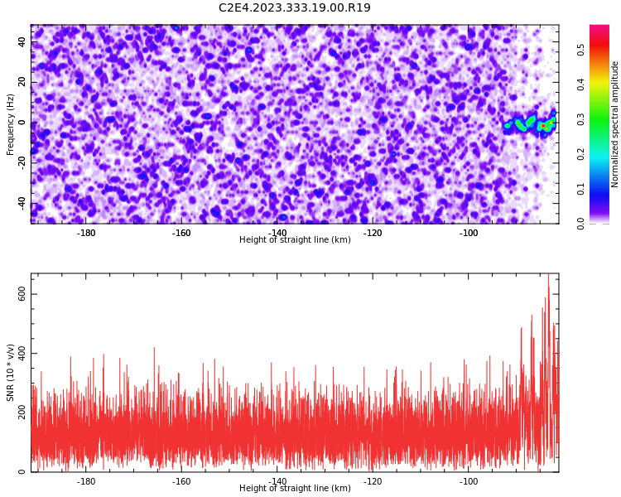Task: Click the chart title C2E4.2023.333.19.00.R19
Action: [x=295, y=7]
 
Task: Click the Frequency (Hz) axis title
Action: [x=10, y=124]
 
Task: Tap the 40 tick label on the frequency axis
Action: [x=22, y=41]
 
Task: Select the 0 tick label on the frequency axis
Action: [x=22, y=123]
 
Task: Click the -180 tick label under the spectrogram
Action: [x=86, y=233]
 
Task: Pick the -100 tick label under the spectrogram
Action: [x=469, y=233]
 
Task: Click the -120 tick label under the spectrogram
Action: [x=373, y=233]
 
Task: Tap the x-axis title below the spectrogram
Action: [x=295, y=239]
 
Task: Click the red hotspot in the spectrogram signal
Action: [x=543, y=126]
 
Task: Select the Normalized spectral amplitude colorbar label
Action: [x=614, y=124]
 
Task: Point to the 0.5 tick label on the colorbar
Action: [x=580, y=50]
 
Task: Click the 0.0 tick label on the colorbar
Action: [x=580, y=224]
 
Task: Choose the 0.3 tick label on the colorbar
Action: [x=580, y=119]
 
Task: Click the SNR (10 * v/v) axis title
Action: [x=10, y=373]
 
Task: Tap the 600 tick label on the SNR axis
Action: [x=22, y=294]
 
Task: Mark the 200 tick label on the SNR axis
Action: [x=22, y=413]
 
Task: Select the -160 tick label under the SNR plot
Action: [x=181, y=481]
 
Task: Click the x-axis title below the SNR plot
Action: [x=295, y=488]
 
